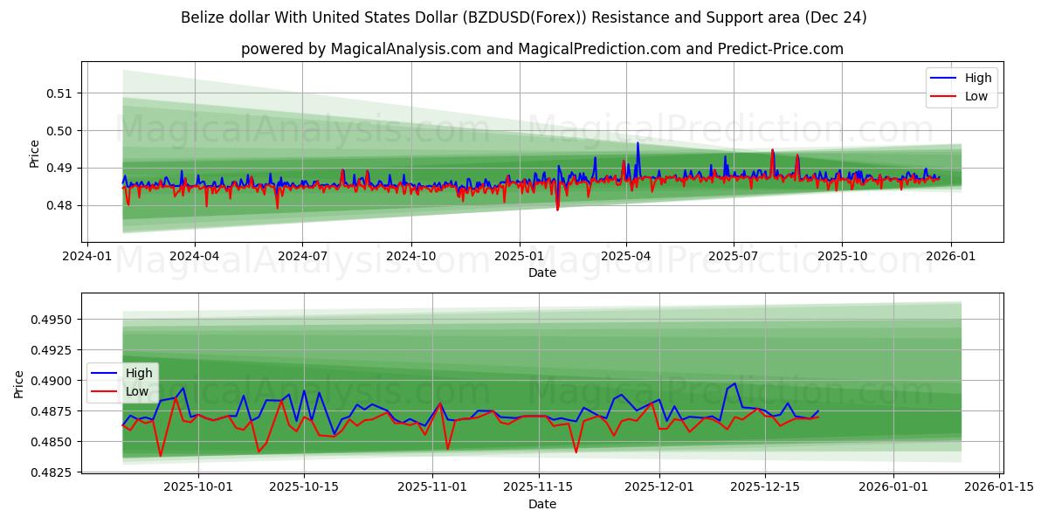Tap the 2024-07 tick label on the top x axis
(302, 257)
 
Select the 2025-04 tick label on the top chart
(625, 257)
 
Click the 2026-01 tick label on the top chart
(950, 257)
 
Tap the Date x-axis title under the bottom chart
(541, 504)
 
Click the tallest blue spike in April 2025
(638, 142)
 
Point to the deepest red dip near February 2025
(557, 210)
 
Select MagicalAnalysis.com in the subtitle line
(405, 49)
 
